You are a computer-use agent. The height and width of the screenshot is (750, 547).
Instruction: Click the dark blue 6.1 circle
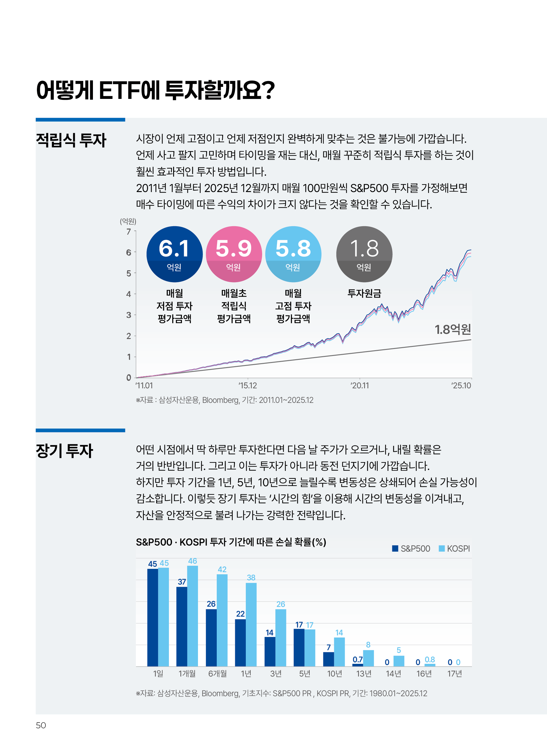pos(174,254)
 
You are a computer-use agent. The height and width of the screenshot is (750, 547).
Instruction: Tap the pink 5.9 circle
pos(234,254)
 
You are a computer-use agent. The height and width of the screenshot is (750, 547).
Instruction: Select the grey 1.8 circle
pos(364,254)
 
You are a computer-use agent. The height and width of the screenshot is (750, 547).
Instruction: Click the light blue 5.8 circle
pos(293,254)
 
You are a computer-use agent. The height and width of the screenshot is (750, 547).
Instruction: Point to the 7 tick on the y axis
pos(128,232)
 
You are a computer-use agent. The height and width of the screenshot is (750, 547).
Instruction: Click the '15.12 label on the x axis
pos(247,385)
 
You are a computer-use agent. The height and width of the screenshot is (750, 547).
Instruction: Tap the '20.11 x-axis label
pos(360,385)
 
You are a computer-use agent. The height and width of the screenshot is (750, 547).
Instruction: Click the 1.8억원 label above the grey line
pos(452,329)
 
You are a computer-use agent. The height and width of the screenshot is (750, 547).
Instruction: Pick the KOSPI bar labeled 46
pos(193,615)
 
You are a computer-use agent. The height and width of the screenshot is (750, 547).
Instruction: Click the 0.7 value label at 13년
pos(358,659)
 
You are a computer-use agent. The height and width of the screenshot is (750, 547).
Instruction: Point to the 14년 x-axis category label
pos(393,673)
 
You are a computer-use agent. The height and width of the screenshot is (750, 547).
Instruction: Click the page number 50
pos(41,725)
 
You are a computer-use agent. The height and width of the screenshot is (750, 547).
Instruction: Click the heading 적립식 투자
pos(71,140)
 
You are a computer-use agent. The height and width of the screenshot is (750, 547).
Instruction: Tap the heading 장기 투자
pos(64,451)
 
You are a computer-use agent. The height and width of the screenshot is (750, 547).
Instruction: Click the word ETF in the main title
pos(120,90)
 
